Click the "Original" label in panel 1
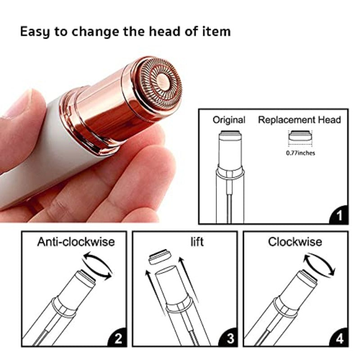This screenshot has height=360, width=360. [x=229, y=120]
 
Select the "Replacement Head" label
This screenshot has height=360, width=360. [x=299, y=120]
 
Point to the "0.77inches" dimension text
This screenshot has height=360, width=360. [x=301, y=153]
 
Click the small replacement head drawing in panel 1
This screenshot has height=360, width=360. [x=300, y=135]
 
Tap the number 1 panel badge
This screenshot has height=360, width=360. [x=339, y=215]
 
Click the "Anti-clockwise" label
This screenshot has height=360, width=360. [x=76, y=242]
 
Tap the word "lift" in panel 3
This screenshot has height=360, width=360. [x=197, y=242]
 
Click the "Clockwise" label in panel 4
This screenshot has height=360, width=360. [x=295, y=242]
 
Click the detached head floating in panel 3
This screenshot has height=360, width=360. [x=160, y=257]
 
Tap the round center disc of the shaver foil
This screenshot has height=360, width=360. [x=163, y=81]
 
